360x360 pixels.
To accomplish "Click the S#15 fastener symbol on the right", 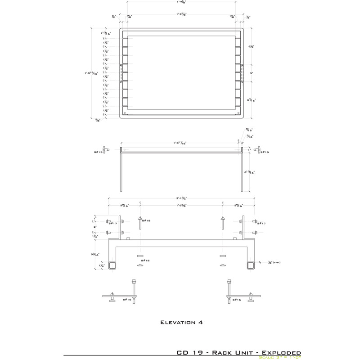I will (256, 149).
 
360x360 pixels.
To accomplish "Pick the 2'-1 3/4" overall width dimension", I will (181, 198).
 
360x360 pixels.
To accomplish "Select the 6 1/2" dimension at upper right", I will (252, 46).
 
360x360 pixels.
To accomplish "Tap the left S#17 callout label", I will (112, 223).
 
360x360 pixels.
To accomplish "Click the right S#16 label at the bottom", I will (237, 299).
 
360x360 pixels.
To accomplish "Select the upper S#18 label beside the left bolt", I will (146, 220).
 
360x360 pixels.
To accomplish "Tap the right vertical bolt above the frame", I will (223, 223).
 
